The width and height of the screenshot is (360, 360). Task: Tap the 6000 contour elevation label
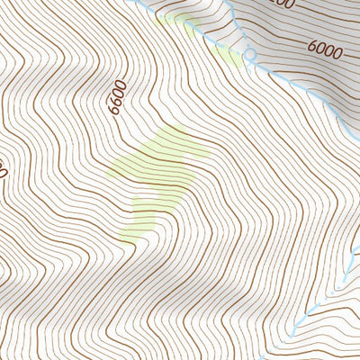(324, 47)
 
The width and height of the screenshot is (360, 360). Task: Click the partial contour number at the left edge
(3, 167)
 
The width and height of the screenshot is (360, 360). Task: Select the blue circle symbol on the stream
(250, 56)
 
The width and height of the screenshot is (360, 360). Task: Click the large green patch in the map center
(162, 171)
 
